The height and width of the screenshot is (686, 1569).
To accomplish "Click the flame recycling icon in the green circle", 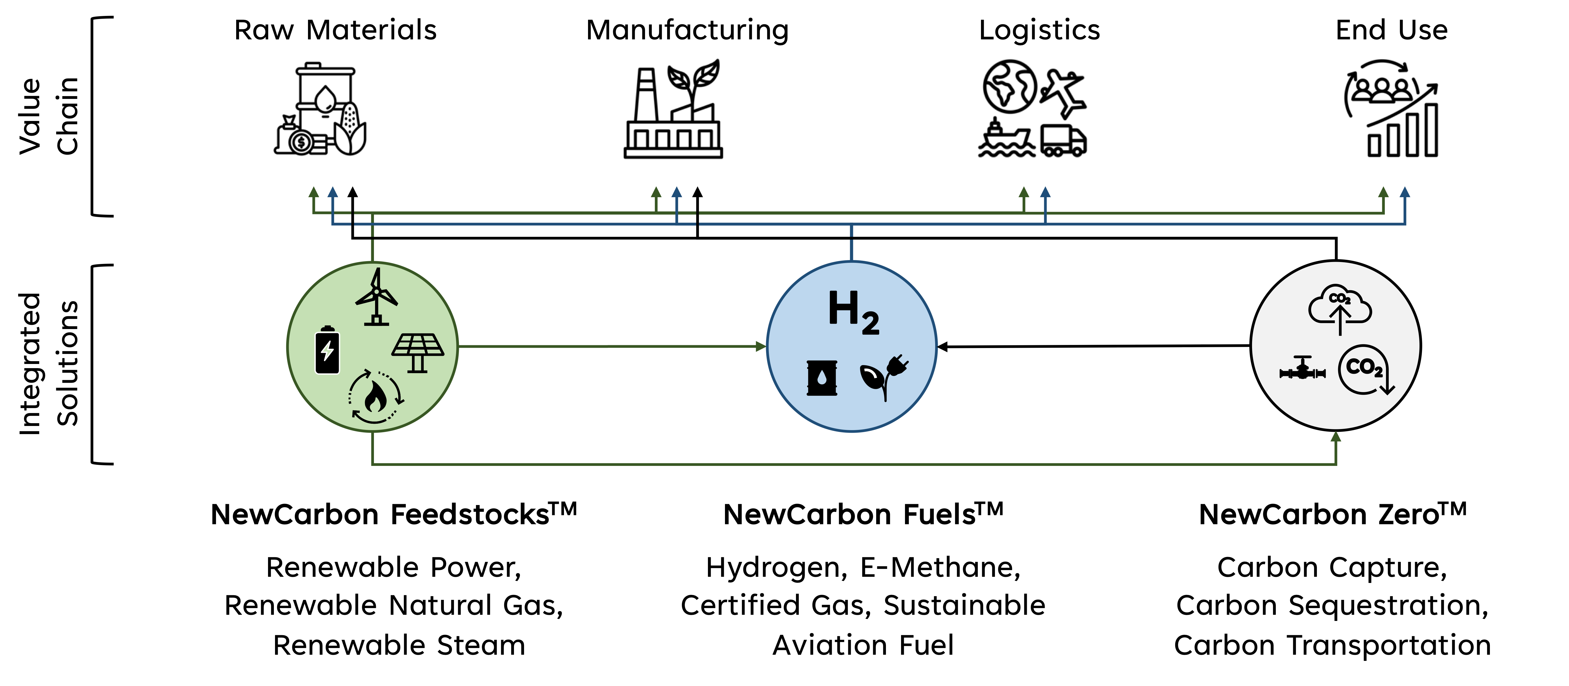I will (x=375, y=397).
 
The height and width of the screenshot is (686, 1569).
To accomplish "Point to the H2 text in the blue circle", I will (x=853, y=312).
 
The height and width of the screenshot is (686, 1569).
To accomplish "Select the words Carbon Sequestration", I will (x=1332, y=606).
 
